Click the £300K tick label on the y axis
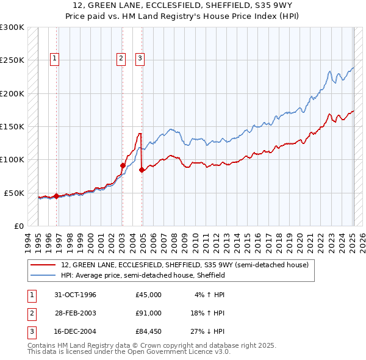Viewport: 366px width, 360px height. coord(12,27)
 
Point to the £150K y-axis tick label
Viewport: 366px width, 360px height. coord(12,127)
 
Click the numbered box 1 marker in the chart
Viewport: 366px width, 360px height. coord(55,59)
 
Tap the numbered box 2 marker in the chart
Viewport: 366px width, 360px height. coord(121,59)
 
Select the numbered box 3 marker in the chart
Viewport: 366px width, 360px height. coord(140,59)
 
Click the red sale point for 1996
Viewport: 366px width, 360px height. coord(56,196)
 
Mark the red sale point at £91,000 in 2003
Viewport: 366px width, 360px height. coord(123,165)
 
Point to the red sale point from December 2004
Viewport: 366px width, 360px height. coord(142,170)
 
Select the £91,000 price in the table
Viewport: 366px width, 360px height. coord(148,313)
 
